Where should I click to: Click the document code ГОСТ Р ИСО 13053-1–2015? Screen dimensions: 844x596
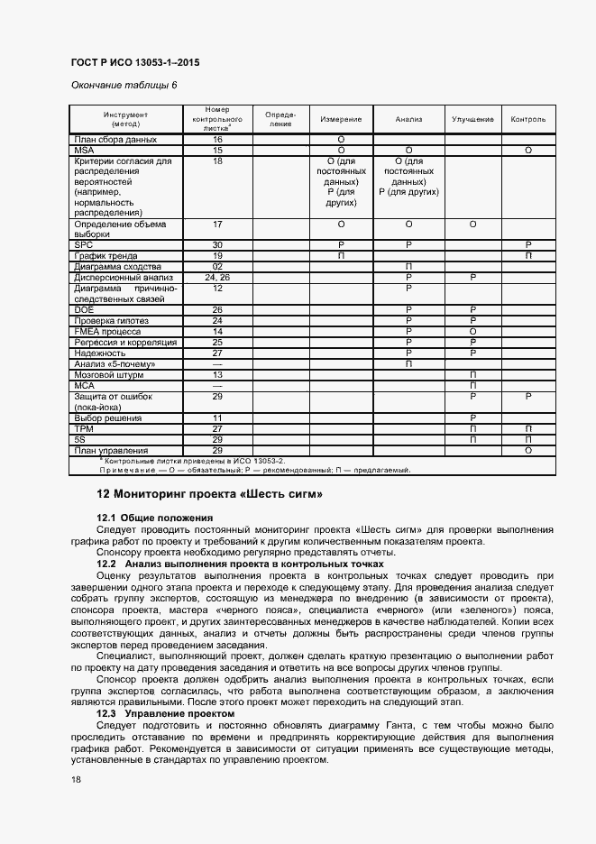coord(134,62)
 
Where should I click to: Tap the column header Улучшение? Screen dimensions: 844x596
coord(472,120)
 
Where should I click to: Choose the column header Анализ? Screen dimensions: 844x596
coord(408,120)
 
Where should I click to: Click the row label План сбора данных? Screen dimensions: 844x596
coord(116,140)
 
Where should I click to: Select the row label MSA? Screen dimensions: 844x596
coord(84,150)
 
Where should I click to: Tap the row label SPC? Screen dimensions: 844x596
coord(84,245)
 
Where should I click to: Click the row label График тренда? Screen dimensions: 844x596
coord(107,256)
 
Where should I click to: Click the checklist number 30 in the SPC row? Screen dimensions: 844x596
coord(217,245)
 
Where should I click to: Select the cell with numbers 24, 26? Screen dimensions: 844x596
coord(217,278)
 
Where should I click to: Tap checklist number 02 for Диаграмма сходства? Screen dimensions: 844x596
coord(217,267)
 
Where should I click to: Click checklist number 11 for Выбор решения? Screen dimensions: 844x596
coord(217,418)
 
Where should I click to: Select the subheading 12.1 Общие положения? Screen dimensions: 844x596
coord(154,518)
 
